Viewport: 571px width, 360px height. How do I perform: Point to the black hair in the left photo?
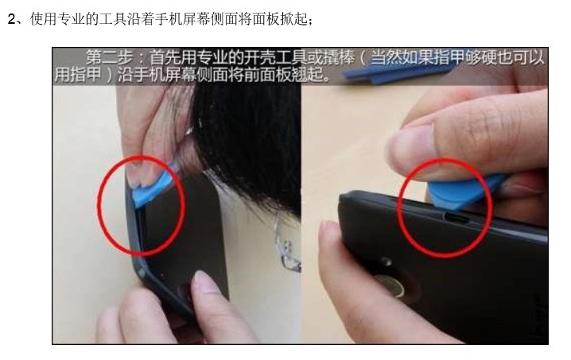[247, 135]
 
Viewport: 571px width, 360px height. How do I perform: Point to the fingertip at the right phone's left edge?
[329, 238]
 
